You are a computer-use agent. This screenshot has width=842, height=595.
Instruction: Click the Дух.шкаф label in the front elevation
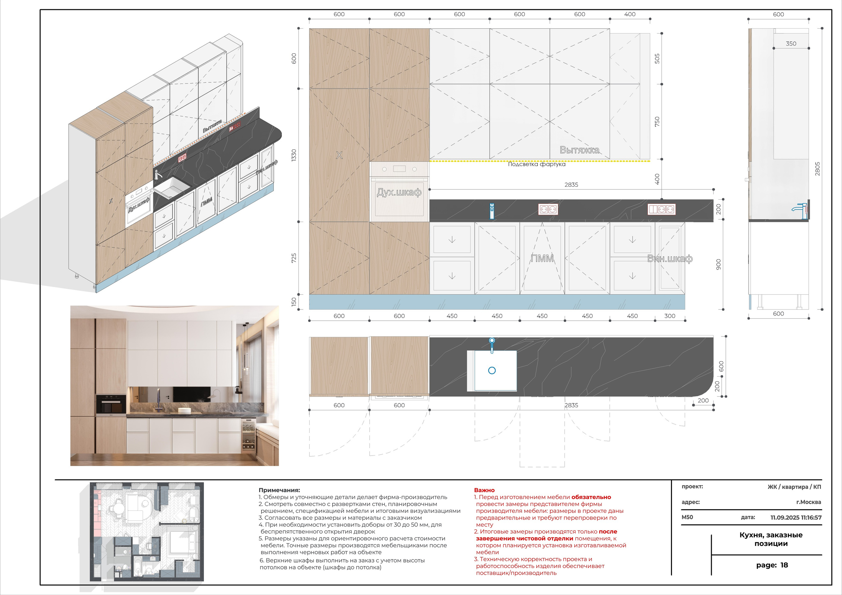399,192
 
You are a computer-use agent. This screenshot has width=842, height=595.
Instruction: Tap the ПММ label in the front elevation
542,259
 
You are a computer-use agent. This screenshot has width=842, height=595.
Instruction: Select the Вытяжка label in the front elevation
580,150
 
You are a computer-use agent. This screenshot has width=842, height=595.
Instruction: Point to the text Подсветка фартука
536,164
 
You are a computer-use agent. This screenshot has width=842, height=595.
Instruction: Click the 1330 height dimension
294,155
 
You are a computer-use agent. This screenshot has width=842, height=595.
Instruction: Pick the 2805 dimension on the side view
817,169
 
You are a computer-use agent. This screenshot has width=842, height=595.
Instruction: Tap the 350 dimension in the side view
791,44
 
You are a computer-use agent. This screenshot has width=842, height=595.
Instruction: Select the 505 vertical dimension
657,59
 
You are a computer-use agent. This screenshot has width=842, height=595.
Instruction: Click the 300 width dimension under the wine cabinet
670,316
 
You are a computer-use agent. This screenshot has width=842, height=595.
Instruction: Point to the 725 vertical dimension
294,258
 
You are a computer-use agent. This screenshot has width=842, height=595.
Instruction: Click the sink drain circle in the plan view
492,370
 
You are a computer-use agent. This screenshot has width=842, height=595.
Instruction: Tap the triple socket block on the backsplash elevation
661,209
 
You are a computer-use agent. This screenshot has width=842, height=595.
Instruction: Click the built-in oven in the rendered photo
111,405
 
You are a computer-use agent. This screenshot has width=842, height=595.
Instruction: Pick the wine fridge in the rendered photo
248,436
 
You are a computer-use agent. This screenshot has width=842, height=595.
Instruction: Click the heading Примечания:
279,490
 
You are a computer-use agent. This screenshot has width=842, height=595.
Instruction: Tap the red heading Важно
484,490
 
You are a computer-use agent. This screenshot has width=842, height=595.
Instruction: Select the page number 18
784,565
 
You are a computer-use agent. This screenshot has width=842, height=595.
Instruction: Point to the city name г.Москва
809,502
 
